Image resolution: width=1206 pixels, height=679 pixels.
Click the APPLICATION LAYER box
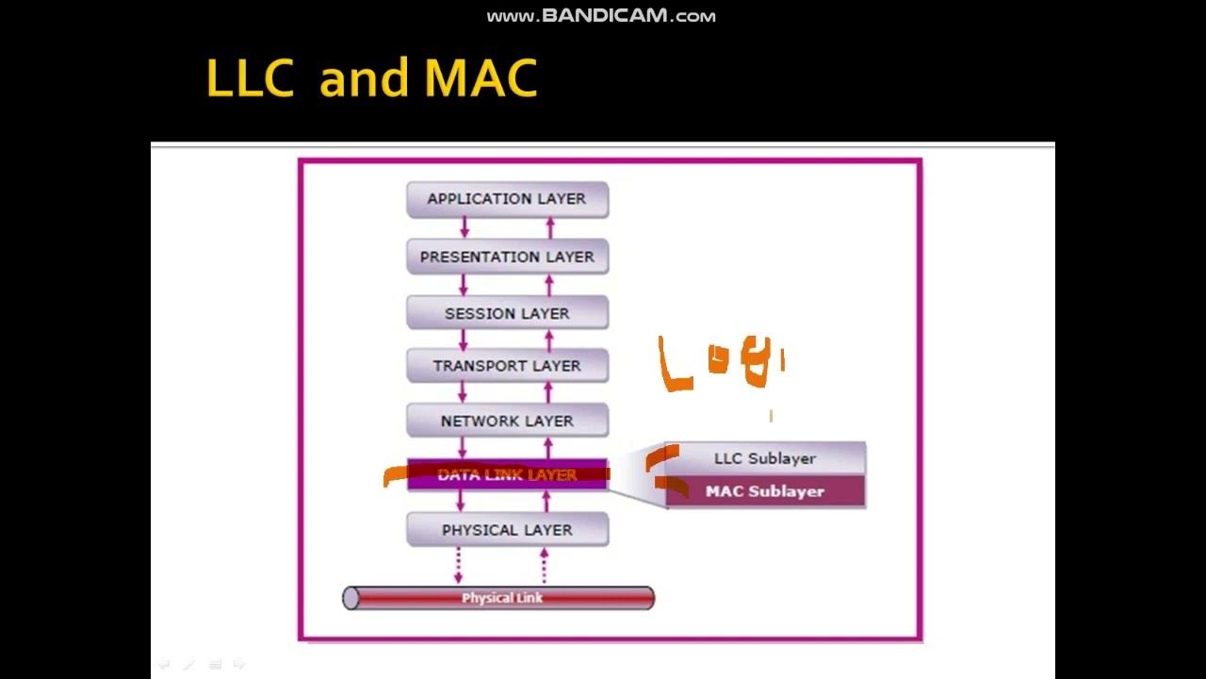pos(507,199)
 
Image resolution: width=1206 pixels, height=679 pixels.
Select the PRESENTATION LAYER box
pos(507,257)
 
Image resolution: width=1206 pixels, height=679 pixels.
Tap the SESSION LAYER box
pos(507,313)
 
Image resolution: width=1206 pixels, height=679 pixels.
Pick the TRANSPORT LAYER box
pos(507,366)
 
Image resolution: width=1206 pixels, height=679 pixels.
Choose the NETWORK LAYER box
pos(507,421)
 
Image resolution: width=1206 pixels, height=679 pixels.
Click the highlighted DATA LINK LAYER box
pos(507,474)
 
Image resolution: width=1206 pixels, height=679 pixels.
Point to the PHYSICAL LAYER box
pos(507,530)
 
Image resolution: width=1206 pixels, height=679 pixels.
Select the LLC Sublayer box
pos(764,458)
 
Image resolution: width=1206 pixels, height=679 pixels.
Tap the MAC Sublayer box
pos(764,491)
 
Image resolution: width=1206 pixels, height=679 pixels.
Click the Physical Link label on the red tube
pos(502,598)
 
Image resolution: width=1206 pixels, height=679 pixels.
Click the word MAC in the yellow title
pos(481,79)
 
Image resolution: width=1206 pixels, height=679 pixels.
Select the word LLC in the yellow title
pos(249,79)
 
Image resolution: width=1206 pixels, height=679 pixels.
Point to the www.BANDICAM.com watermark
pos(601,16)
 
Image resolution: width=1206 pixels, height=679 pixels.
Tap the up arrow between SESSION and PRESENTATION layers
pos(550,285)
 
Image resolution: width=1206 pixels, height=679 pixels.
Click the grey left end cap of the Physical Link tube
pos(350,598)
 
